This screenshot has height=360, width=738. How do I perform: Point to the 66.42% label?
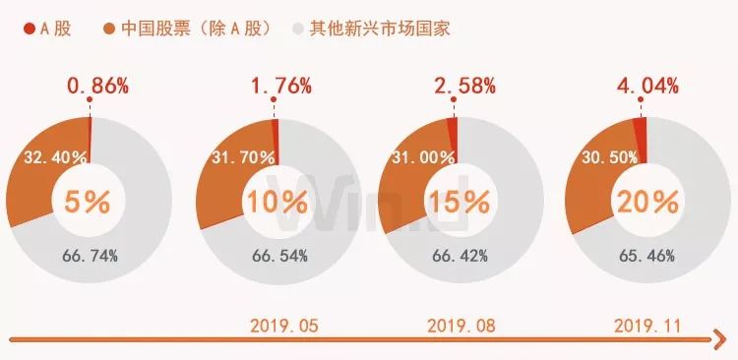click(461, 256)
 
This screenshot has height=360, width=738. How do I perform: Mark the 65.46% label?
click(646, 256)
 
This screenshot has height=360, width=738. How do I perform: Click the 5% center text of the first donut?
click(87, 202)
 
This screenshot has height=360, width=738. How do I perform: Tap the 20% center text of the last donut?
click(646, 202)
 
